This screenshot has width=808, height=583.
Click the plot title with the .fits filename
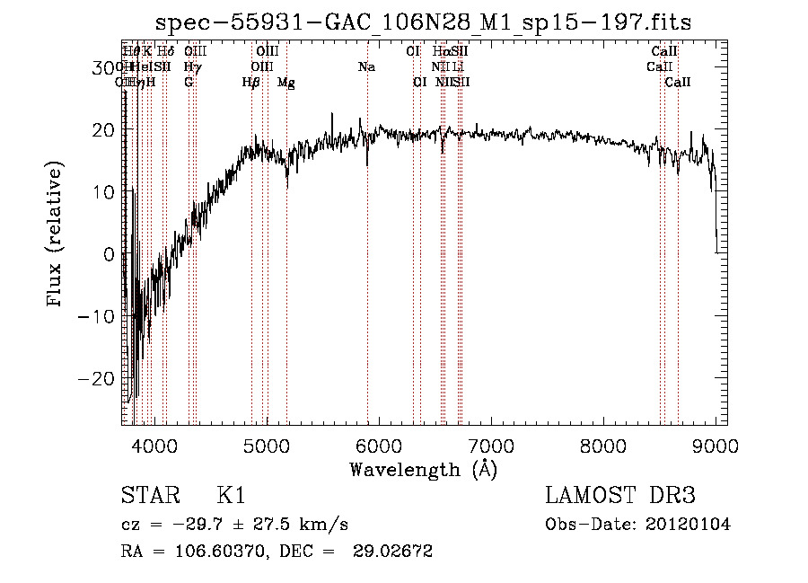point(424,22)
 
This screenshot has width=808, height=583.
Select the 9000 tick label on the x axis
point(716,446)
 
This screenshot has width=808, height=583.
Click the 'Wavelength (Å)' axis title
point(423,469)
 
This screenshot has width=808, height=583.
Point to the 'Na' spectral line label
point(366,67)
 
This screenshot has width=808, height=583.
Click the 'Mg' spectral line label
point(286,83)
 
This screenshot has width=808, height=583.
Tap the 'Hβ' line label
point(250,83)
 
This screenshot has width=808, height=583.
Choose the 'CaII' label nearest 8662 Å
point(678,83)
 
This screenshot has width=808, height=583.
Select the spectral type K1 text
point(231,496)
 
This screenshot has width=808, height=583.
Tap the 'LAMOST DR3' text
point(620,496)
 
